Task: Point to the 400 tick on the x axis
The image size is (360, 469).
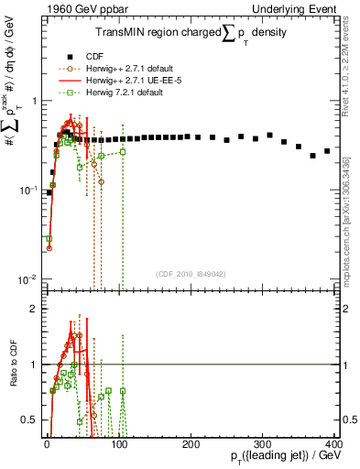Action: [334, 443]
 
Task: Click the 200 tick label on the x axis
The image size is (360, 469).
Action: [191, 443]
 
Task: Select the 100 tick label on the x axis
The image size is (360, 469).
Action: [118, 443]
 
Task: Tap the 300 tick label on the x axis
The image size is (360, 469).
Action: [263, 443]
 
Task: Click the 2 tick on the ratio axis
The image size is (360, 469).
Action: [35, 309]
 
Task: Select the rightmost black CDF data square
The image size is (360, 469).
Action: [327, 150]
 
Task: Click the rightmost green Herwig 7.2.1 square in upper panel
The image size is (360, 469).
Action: [123, 151]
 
